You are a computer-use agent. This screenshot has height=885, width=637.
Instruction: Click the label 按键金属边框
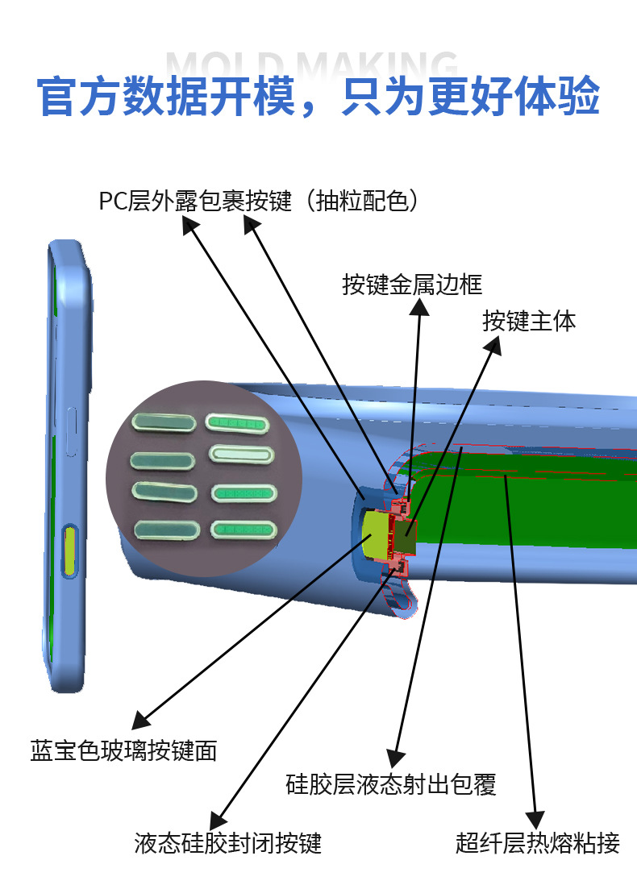(x=412, y=285)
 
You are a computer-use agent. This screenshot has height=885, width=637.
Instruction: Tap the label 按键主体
(x=529, y=321)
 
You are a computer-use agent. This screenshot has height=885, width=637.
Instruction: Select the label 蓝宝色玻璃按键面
(x=123, y=751)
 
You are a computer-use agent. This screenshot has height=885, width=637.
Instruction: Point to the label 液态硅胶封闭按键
(x=228, y=843)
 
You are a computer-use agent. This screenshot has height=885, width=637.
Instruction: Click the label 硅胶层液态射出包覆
(x=391, y=783)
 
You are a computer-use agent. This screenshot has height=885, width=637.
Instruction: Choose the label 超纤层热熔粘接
(x=537, y=843)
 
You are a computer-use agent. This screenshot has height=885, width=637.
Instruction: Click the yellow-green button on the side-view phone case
(x=71, y=551)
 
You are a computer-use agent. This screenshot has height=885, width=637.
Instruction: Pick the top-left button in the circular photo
(x=163, y=422)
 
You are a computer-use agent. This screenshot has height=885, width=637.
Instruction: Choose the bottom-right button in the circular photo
(x=243, y=529)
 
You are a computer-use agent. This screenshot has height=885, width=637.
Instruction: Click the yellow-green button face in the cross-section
(x=376, y=535)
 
